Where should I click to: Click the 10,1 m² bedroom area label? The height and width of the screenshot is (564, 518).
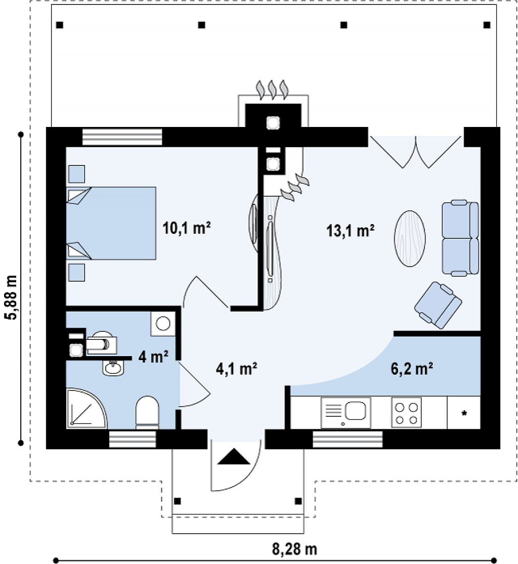pos(186,228)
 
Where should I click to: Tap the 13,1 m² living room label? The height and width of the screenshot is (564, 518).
pos(351,231)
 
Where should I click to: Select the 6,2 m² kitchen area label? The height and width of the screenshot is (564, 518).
pos(412,369)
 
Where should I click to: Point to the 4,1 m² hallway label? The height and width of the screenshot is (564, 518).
pos(236,369)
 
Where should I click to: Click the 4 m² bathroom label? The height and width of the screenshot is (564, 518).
pos(153,357)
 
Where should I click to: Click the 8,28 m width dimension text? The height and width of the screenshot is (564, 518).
pos(294,549)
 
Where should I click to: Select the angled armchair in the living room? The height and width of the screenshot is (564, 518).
pos(438,305)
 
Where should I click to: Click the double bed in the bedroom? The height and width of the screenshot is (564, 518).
pos(111,223)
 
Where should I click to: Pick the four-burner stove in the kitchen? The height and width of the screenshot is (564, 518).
pos(407,413)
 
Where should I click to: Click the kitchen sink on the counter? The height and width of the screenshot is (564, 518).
pos(346,413)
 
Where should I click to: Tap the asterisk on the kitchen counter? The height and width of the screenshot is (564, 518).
pos(464,413)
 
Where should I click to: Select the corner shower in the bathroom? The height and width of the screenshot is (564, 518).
pos(87,408)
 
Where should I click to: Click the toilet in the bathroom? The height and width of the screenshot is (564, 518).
pos(147,413)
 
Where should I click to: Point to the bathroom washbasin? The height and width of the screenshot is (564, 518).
pos(113,368)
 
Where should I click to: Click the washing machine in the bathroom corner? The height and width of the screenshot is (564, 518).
pos(163,323)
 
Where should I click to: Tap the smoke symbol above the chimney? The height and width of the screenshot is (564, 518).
pos(272,90)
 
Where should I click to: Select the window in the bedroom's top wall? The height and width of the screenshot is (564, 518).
pos(122,137)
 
